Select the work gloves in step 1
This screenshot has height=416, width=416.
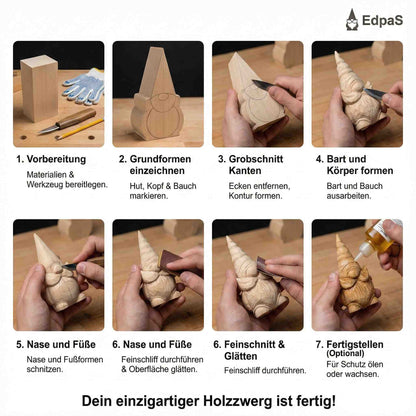(81, 90)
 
